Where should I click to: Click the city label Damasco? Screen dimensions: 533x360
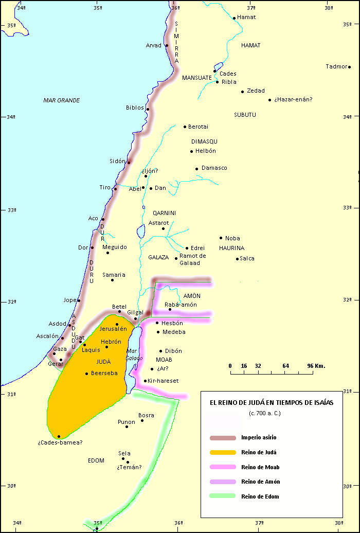pos(214,168)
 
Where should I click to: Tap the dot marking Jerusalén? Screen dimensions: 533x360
pos(117,324)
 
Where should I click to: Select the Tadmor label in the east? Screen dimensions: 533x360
pos(336,66)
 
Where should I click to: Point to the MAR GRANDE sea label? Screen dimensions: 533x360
pos(62,100)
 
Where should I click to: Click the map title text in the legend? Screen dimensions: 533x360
pos(271,403)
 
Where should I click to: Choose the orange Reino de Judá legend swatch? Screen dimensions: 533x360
pos(222,453)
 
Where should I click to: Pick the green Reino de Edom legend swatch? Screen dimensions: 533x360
pos(222,496)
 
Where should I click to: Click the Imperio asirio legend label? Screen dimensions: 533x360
pos(259,438)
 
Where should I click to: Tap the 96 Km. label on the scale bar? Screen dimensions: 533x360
pos(316,366)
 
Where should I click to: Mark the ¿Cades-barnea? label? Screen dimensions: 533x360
pos(60,442)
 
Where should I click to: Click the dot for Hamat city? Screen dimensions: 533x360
pos(234,18)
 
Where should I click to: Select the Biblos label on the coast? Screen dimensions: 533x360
pos(135,108)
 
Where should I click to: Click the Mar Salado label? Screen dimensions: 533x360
pos(135,354)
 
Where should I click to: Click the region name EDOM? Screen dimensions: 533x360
pos(96,460)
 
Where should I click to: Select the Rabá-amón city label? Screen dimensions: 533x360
pos(181,305)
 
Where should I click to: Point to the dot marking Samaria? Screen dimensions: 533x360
pos(112,280)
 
